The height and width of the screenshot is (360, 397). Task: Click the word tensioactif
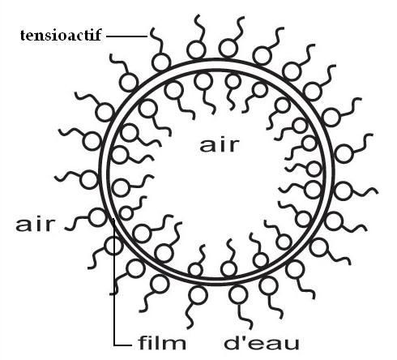coord(61,35)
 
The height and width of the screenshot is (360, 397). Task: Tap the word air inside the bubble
coord(220,145)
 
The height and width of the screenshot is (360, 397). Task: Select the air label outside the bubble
coord(36,225)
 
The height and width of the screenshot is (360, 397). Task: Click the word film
coord(162,342)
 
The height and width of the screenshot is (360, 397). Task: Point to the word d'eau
coord(262,342)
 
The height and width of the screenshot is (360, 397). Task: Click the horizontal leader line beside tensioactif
coord(126,36)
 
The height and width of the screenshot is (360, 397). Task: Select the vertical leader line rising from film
coord(114,282)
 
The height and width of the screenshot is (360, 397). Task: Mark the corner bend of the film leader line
coord(114,345)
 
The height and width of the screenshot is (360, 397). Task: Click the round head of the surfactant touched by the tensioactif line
coord(161,62)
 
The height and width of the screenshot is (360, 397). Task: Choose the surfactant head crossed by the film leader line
coord(114,246)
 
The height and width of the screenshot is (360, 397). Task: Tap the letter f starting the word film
coord(143,342)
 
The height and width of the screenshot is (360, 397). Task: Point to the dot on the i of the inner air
coord(224,139)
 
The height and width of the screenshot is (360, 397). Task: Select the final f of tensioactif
coord(98,35)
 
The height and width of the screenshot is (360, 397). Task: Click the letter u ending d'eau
coord(292,345)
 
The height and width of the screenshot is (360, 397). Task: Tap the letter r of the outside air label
coord(50,226)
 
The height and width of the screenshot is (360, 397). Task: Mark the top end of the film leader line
coord(114,219)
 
